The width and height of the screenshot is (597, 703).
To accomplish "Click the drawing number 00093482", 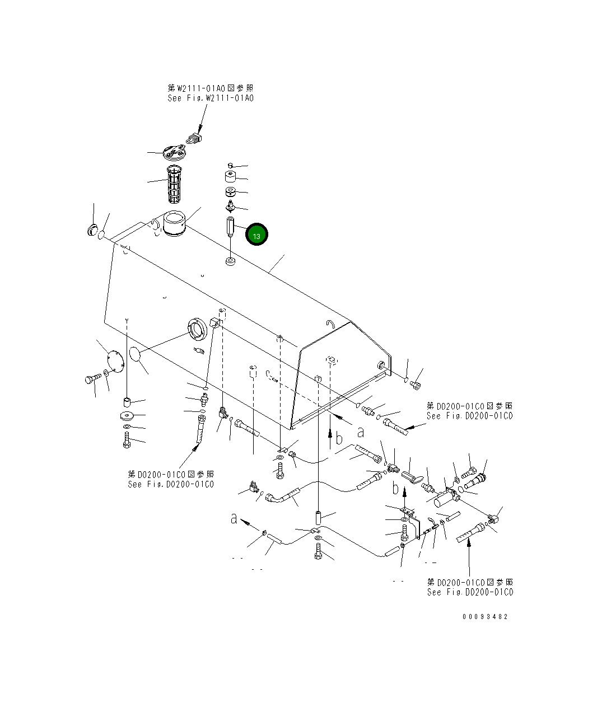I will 485,616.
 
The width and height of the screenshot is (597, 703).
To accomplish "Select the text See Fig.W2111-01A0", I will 210,98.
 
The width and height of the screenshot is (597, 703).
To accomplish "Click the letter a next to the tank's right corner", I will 361,432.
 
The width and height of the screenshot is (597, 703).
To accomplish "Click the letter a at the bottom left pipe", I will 234,519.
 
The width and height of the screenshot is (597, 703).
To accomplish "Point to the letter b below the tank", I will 338,439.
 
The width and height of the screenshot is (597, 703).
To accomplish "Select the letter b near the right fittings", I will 396,489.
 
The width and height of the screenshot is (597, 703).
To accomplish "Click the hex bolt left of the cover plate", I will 90,379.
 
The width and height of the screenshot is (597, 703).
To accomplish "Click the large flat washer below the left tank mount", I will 126,416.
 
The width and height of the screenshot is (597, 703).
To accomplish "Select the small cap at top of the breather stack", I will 230,165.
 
